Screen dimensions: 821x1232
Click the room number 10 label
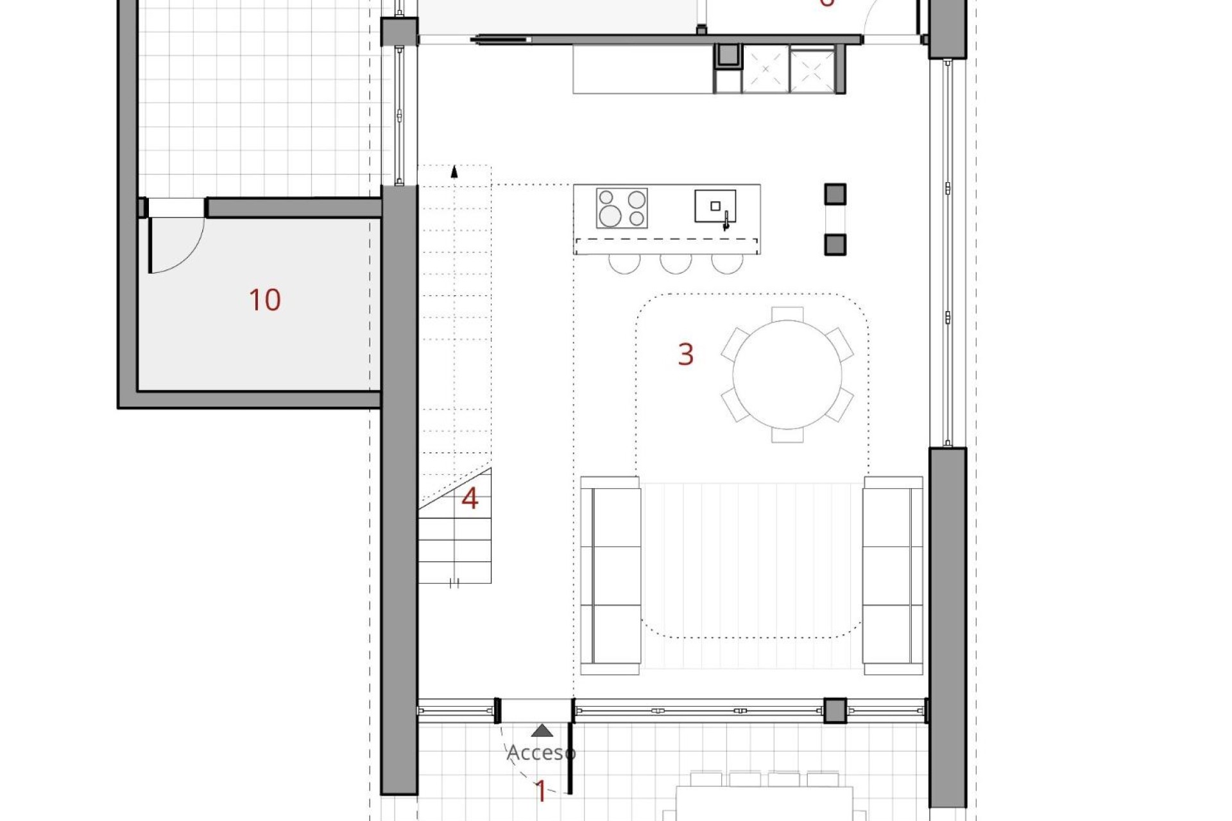pos(264,300)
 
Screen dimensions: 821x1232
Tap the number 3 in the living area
pos(685,354)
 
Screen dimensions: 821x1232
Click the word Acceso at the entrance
pos(541,752)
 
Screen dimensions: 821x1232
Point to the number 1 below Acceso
pos(541,791)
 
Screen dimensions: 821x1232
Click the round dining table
pos(787,375)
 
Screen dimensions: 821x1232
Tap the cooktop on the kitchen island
pos(621,208)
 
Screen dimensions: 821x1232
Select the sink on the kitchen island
pos(715,207)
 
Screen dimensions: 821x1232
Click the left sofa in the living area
pos(610,575)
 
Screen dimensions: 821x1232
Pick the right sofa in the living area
pos(893,575)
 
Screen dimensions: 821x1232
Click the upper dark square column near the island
pos(835,194)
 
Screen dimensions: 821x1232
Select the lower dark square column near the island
pos(835,244)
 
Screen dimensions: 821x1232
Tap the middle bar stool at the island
pos(676,263)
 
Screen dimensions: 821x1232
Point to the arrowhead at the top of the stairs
pos(454,171)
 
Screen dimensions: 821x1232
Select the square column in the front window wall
pos(835,711)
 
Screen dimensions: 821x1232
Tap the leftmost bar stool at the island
pos(624,263)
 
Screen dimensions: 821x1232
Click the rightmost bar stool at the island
pos(727,263)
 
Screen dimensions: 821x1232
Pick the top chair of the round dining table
pos(787,314)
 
